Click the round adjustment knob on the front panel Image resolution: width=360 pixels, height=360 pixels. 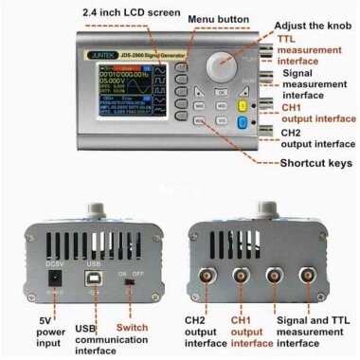point(225,67)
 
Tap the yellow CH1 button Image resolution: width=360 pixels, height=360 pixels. point(243,107)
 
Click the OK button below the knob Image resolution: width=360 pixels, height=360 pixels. point(221,93)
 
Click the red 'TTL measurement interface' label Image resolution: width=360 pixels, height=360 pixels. point(310,50)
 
